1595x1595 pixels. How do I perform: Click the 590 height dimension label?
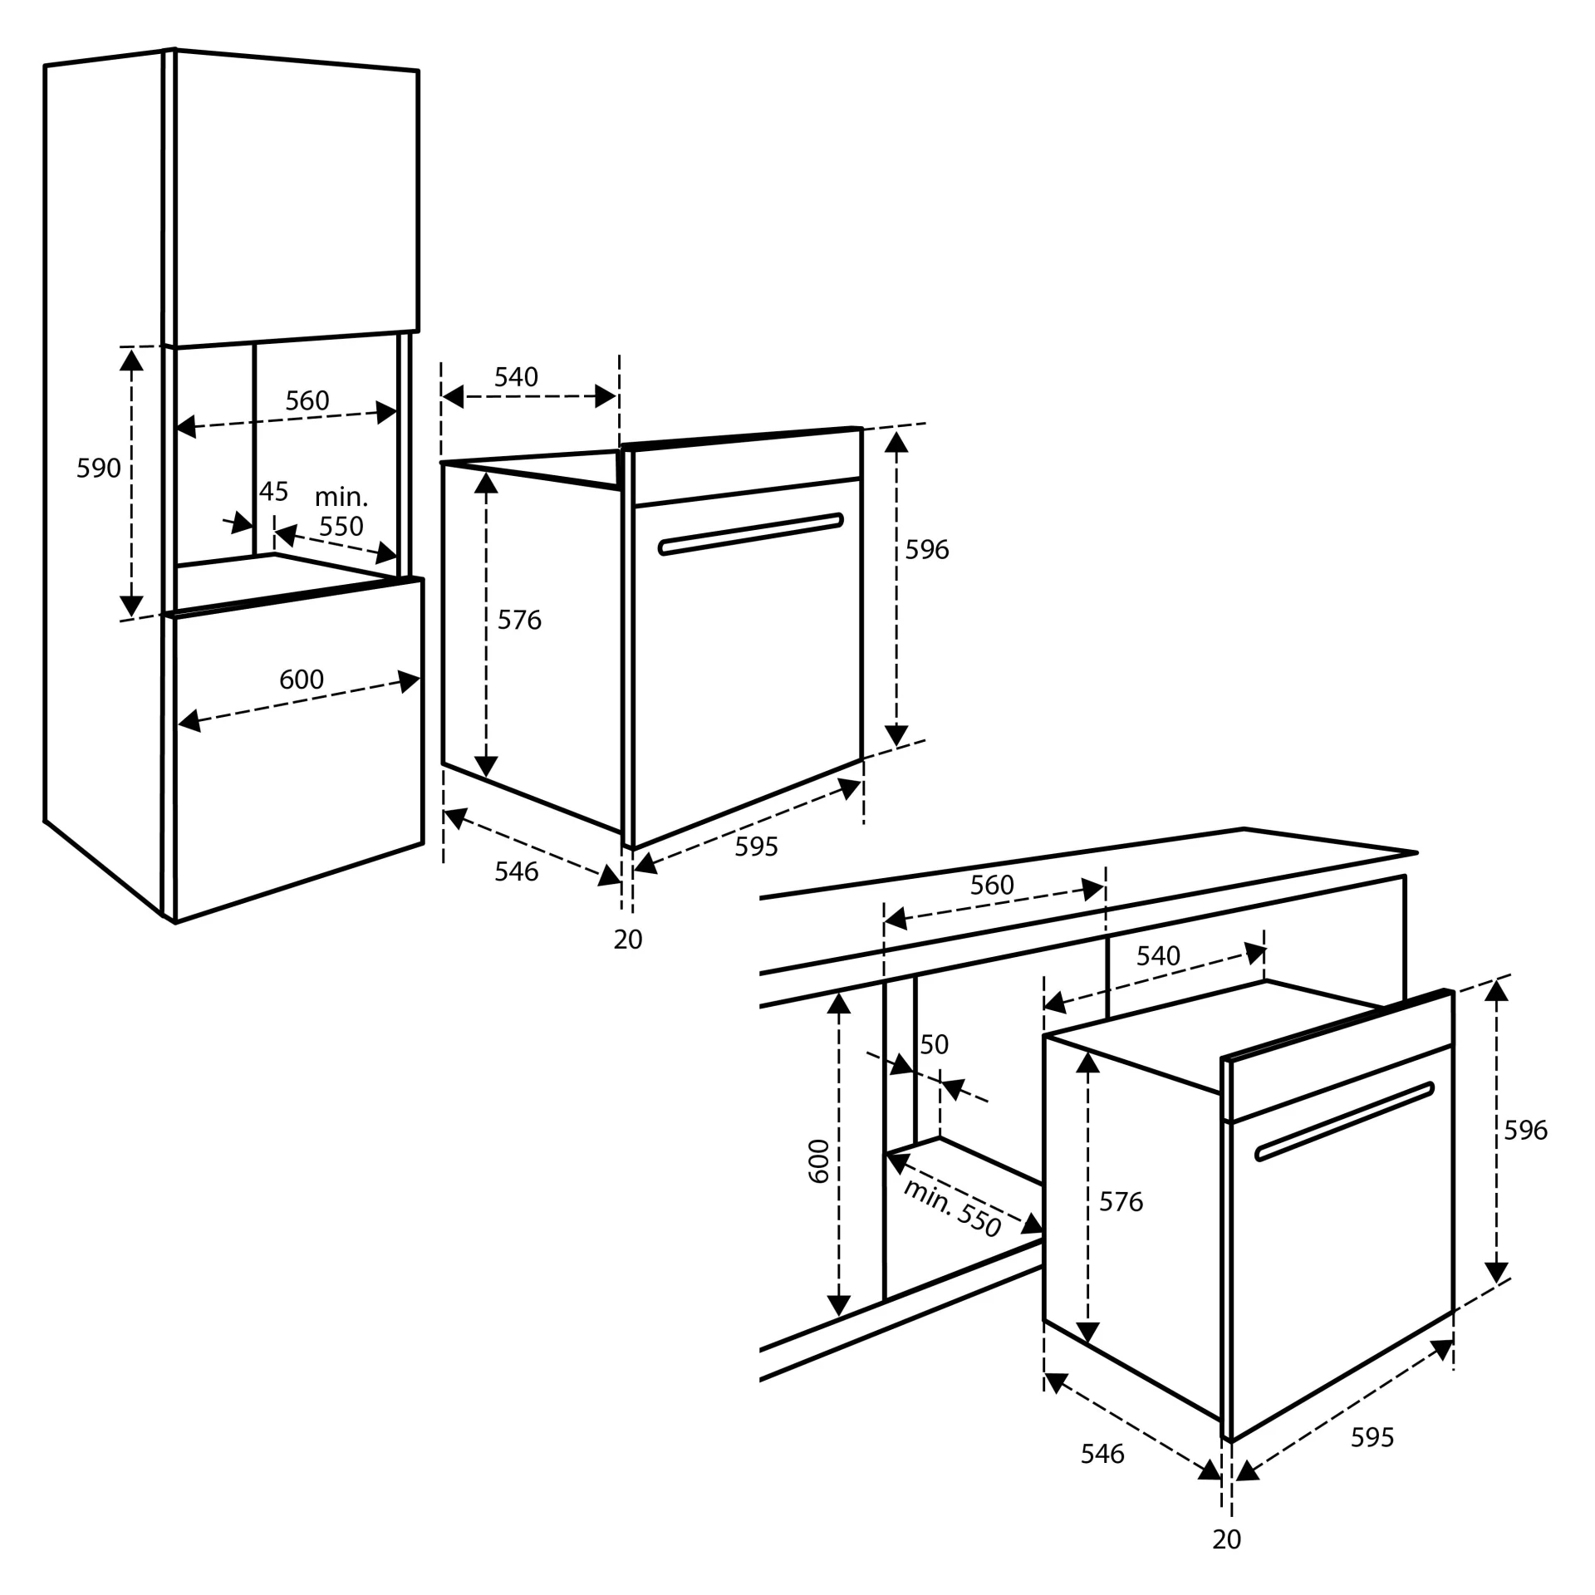tap(98, 469)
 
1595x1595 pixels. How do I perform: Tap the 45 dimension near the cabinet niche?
tap(273, 492)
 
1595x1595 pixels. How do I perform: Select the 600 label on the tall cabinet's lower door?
tap(301, 680)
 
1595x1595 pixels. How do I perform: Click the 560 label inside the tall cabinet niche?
tap(307, 401)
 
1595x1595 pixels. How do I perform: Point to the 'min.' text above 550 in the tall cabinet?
tap(341, 498)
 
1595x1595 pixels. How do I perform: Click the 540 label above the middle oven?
tap(516, 377)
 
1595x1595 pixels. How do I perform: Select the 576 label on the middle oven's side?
tap(519, 620)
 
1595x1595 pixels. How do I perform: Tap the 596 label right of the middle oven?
tap(926, 549)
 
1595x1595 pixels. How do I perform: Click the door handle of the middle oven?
tap(750, 534)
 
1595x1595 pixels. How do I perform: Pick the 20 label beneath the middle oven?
tap(628, 940)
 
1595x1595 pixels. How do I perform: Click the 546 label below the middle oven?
tap(516, 871)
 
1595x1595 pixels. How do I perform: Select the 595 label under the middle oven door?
tap(756, 847)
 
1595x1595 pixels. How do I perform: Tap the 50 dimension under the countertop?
tap(934, 1044)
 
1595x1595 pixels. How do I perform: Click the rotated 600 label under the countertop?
tap(819, 1161)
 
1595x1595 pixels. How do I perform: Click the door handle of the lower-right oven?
tap(1345, 1121)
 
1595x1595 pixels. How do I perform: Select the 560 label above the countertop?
tap(992, 885)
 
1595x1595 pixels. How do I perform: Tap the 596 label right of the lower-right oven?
tap(1525, 1130)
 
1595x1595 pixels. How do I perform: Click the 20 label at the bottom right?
tap(1226, 1539)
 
